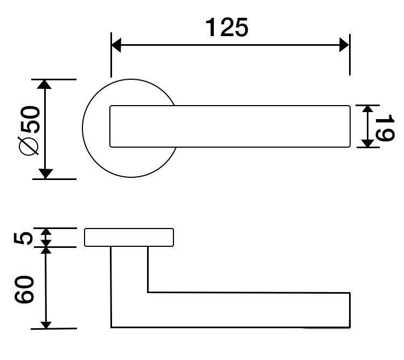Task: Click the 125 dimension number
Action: (x=227, y=27)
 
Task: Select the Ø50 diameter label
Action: (x=30, y=130)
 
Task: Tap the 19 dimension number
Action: (x=385, y=128)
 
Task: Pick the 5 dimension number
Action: (x=23, y=238)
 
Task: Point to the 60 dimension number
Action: (x=24, y=289)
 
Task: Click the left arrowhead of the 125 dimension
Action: (x=116, y=45)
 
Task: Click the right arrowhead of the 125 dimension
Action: (x=344, y=45)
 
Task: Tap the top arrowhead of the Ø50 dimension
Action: (x=45, y=85)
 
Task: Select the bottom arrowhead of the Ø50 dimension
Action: (x=45, y=174)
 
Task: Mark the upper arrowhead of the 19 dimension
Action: (x=368, y=108)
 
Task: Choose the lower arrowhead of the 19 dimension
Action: (x=367, y=143)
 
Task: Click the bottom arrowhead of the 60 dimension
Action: (x=46, y=325)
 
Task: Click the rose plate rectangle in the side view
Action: (x=129, y=237)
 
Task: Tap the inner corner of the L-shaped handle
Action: (x=148, y=292)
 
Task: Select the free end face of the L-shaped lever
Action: (x=350, y=310)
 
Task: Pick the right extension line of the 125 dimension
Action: (x=350, y=54)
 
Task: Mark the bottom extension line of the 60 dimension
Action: (x=54, y=329)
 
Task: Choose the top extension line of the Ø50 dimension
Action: (x=54, y=79)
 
